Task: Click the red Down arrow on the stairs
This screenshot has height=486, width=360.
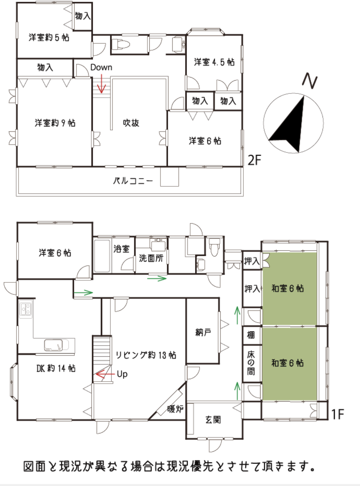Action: point(102,84)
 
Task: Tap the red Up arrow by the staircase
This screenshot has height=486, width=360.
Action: point(105,374)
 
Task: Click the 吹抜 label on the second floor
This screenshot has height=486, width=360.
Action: point(131,123)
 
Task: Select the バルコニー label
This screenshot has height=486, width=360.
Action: point(133,181)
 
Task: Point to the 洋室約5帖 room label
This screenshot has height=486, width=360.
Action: point(49,37)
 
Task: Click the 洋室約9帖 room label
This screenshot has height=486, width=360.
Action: point(55,123)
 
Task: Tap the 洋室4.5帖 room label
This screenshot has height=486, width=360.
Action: point(214,62)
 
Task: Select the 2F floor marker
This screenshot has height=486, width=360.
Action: point(255,160)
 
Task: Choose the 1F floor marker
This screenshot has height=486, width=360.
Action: point(338,414)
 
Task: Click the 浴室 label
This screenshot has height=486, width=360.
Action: point(121,249)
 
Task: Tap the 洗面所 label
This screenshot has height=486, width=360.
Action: point(151,258)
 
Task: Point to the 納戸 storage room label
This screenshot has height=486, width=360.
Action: point(203,333)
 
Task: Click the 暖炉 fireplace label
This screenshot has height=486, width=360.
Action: point(175,409)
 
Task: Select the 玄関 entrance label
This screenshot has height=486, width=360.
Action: point(213,420)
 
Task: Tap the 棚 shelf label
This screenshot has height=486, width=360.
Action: point(251,335)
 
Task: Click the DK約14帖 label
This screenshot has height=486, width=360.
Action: point(56,368)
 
